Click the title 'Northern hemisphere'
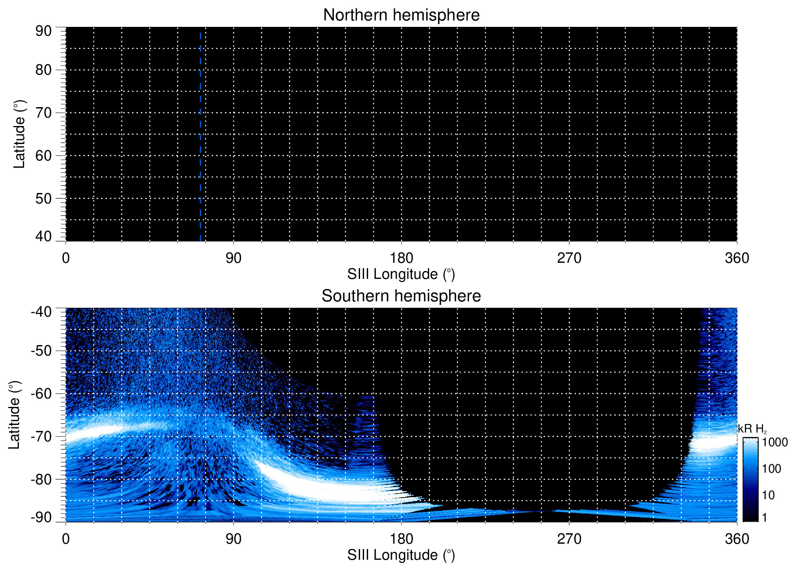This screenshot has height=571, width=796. (x=401, y=15)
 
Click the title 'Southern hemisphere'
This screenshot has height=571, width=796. (x=401, y=296)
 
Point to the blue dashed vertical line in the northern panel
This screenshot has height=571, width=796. (x=200, y=136)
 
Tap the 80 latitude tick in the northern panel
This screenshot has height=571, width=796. (x=43, y=70)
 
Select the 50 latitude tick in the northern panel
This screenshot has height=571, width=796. (x=43, y=199)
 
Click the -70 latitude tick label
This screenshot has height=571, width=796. (x=41, y=437)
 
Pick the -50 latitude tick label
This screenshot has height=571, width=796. (x=41, y=351)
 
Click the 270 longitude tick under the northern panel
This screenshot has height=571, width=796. (x=569, y=258)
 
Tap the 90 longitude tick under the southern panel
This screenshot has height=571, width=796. (x=233, y=539)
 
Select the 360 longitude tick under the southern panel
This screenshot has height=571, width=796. (x=737, y=539)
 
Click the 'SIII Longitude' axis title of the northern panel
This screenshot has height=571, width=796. (x=401, y=274)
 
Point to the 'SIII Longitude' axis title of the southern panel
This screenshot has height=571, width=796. (x=401, y=555)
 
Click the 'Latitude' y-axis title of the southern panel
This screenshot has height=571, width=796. (x=14, y=415)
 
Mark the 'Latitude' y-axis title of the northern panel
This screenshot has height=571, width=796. (x=19, y=134)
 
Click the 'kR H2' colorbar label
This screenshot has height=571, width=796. (x=752, y=429)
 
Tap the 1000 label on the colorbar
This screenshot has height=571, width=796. (x=775, y=443)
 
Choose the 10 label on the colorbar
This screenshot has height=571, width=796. (x=768, y=496)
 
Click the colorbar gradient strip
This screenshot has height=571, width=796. (x=750, y=480)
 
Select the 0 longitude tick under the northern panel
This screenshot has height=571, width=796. (x=66, y=258)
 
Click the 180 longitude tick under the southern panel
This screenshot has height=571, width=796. (x=401, y=539)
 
